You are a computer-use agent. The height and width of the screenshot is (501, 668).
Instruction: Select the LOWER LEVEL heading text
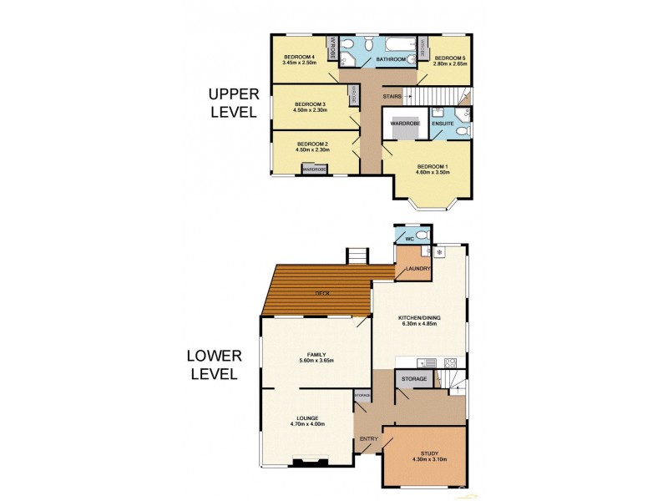pyautogui.click(x=214, y=365)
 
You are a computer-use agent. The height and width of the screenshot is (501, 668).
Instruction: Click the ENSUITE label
pyautogui.click(x=443, y=124)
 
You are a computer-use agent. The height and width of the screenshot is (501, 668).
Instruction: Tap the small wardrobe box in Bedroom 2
pyautogui.click(x=314, y=170)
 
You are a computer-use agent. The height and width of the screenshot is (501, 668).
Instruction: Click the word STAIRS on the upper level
pyautogui.click(x=392, y=97)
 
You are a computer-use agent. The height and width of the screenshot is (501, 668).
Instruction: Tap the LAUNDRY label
pyautogui.click(x=417, y=269)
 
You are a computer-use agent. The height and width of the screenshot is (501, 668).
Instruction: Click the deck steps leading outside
pyautogui.click(x=357, y=256)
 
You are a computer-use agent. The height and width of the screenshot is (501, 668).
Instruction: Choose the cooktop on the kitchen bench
pyautogui.click(x=450, y=362)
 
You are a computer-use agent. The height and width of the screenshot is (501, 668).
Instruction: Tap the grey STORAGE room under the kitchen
pyautogui.click(x=413, y=380)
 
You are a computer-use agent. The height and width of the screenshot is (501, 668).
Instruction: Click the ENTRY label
pyautogui.click(x=368, y=438)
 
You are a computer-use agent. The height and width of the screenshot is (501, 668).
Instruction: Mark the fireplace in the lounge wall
pyautogui.click(x=307, y=460)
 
